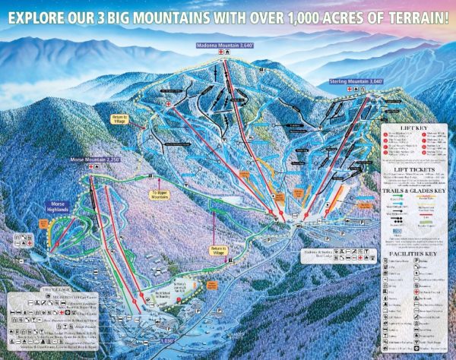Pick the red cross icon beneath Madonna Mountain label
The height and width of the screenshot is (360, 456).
(x=221, y=54)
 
